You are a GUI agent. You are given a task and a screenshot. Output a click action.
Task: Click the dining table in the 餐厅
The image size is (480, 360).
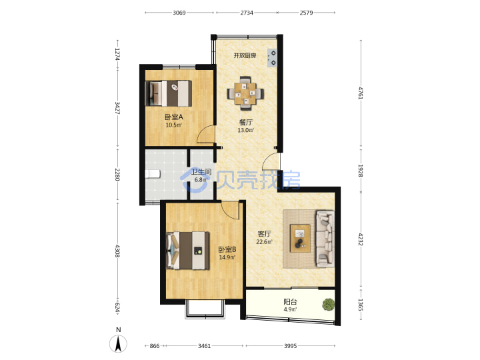tap(245, 93)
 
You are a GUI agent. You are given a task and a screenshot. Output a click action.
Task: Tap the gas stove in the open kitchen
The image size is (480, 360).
tap(272, 58)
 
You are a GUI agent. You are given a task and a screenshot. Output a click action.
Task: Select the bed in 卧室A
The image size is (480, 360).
tap(169, 93)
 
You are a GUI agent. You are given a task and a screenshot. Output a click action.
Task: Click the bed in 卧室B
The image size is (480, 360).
tap(188, 251)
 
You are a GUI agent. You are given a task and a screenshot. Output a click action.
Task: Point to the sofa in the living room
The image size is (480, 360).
tap(325, 238)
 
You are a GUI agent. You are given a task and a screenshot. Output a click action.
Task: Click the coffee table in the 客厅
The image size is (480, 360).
tap(300, 238)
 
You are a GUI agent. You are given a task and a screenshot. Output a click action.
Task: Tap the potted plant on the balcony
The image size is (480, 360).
tap(328, 304)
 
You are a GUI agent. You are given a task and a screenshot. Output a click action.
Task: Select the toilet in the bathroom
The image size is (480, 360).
tap(153, 174)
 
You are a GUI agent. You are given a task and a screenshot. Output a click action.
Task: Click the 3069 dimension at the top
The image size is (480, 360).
tap(179, 13)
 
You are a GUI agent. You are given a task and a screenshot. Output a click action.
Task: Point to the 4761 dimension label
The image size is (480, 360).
tap(361, 93)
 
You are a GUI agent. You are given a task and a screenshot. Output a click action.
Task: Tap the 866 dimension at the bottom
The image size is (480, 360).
tap(155, 346)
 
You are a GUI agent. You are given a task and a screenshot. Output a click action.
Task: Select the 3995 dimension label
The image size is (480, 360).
tap(290, 346)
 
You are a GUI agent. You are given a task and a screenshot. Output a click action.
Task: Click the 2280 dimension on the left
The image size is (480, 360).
tap(117, 175)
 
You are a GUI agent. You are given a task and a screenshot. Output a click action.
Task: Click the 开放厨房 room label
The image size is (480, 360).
tap(245, 55)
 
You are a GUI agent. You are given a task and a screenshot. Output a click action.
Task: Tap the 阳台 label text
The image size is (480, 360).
tap(290, 302)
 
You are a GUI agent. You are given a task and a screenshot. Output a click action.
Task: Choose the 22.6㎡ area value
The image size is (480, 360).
tap(265, 242)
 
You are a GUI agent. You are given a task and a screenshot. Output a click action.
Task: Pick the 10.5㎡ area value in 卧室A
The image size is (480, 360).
tap(174, 125)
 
